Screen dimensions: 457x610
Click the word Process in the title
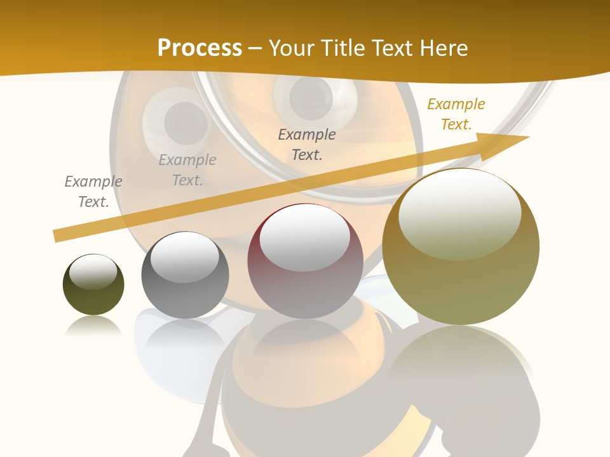coord(200,48)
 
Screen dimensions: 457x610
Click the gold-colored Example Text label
coord(456,114)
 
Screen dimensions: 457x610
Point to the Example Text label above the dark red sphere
coord(307,144)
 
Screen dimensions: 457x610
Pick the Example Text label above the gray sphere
coord(187,169)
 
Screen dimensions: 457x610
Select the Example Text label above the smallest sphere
coord(93,191)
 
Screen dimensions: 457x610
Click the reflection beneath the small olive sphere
coord(93,326)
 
